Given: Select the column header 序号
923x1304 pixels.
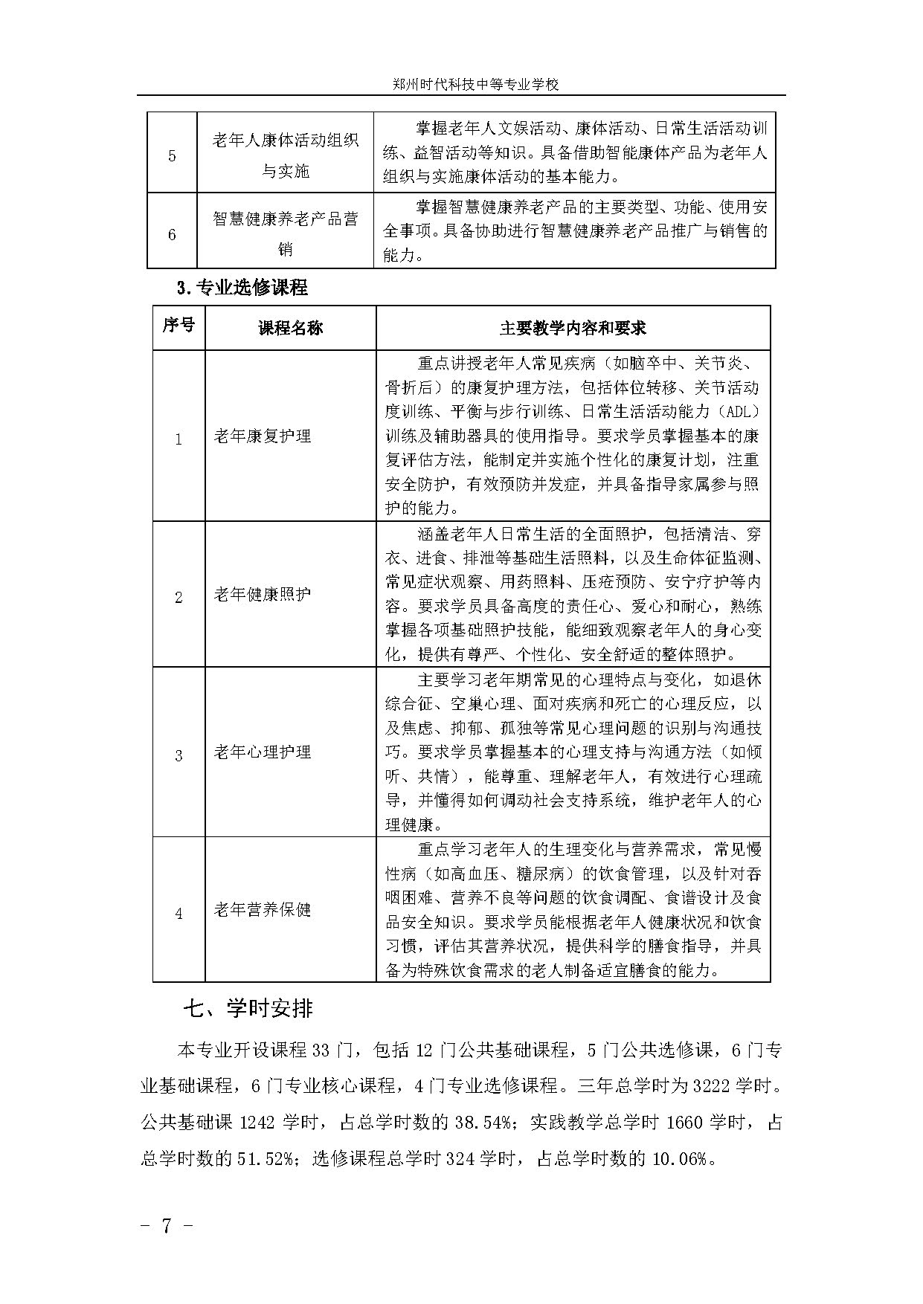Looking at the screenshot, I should [x=179, y=326].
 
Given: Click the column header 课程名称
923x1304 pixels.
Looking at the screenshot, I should [x=290, y=328].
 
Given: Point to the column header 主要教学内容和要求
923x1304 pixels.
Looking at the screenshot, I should [x=573, y=328].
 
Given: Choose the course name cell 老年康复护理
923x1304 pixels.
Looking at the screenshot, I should [x=263, y=436].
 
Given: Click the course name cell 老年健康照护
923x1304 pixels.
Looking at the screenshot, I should [x=263, y=594].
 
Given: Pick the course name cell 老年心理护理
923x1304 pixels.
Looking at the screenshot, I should [x=263, y=752].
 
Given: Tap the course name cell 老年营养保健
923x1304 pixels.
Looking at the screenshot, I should [x=263, y=910].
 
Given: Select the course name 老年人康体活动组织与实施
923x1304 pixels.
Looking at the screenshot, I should [x=285, y=156].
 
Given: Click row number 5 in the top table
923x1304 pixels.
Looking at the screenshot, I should [x=172, y=156].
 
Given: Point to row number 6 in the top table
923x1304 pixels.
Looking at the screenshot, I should [x=172, y=235].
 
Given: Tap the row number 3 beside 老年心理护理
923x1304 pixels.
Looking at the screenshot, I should [x=179, y=756].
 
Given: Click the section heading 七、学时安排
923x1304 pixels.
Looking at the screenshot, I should [x=248, y=1009].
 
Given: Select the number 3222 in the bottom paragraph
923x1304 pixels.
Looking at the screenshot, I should [x=710, y=1085].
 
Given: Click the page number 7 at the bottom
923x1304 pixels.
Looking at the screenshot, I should [x=167, y=1226].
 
